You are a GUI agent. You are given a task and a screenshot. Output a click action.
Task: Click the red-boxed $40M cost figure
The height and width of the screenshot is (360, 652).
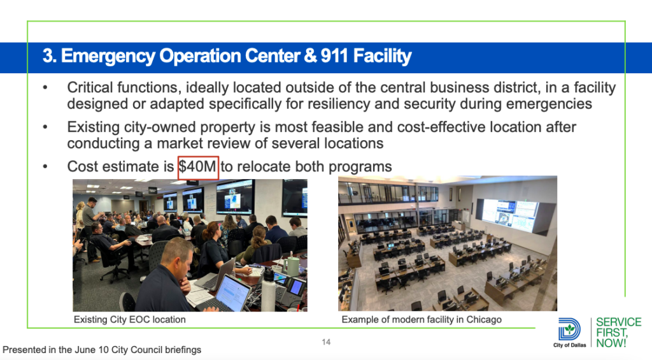[x=198, y=167]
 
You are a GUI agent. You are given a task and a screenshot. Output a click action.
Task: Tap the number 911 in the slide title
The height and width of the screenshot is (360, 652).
[x=334, y=56]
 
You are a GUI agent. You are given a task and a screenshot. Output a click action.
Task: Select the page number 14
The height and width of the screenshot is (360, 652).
[x=326, y=342]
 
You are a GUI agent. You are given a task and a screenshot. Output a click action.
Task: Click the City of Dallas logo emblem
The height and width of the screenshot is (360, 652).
[x=569, y=329]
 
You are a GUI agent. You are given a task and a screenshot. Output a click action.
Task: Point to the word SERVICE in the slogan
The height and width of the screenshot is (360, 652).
[x=619, y=322]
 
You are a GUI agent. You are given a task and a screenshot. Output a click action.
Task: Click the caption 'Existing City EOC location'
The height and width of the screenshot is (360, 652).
[x=130, y=320]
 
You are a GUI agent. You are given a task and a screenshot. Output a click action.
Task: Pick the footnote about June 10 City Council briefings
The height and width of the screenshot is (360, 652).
[x=102, y=350]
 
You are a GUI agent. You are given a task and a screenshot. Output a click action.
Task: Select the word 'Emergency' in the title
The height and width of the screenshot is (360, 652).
[x=109, y=57]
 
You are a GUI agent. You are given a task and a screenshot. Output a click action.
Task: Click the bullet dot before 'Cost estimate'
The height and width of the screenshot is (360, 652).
[x=45, y=167]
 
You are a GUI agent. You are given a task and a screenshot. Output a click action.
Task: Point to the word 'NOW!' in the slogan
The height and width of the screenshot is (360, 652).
[x=611, y=343]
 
